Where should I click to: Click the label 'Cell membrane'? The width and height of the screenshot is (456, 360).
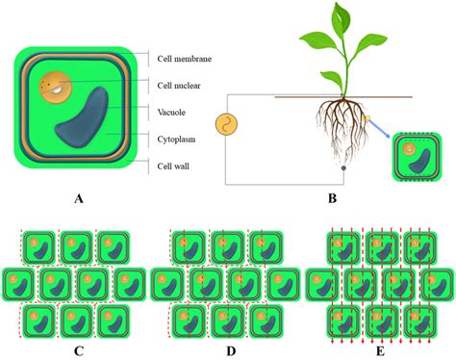(185, 60)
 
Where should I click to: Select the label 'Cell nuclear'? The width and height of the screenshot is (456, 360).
(181, 86)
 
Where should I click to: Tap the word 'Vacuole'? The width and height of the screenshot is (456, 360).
(174, 113)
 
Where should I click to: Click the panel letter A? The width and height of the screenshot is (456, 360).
(79, 199)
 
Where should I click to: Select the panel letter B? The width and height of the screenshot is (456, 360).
(333, 199)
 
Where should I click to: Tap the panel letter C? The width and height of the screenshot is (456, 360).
(78, 350)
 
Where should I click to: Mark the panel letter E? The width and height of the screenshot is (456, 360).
(378, 350)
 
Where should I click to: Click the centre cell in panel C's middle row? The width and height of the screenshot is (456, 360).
(78, 285)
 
